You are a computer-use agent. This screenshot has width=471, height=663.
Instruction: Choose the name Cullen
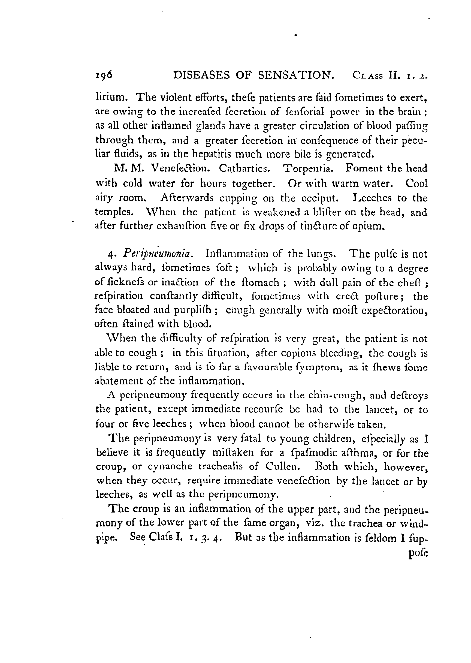(281, 466)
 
